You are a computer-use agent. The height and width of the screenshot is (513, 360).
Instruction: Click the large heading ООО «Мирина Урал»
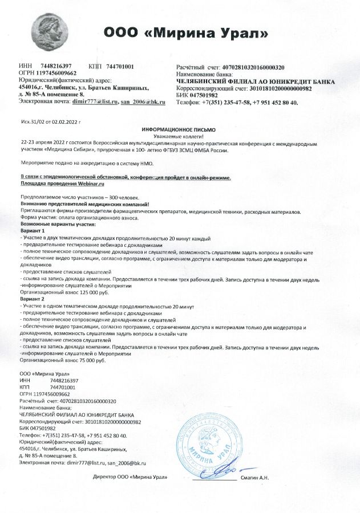tap(186, 33)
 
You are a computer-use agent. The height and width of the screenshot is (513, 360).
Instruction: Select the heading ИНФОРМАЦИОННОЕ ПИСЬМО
tap(179, 130)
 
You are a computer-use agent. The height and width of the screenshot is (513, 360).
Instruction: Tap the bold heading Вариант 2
tap(32, 299)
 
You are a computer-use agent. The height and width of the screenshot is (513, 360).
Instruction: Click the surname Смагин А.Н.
tap(256, 476)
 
